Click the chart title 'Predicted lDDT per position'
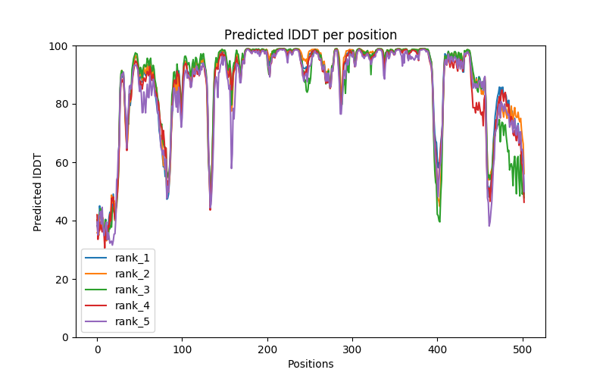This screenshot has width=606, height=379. [x=311, y=35]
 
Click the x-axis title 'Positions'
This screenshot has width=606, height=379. [x=311, y=364]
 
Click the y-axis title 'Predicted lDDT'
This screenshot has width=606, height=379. [x=38, y=192]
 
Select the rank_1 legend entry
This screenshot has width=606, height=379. [x=133, y=258]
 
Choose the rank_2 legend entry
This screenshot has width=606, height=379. [x=133, y=273]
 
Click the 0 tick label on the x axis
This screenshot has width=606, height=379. [x=97, y=349]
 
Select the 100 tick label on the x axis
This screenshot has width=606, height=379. [x=182, y=349]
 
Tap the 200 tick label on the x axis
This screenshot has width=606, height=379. [x=267, y=349]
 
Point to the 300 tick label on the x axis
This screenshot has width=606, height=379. [x=352, y=349]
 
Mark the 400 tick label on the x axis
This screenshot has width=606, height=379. [x=438, y=349]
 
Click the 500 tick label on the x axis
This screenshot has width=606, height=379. [x=523, y=349]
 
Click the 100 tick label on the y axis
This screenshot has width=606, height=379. [x=59, y=46]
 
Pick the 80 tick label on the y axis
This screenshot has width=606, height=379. [x=62, y=105]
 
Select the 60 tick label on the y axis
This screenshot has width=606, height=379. [x=62, y=163]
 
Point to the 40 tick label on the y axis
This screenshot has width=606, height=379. [x=62, y=221]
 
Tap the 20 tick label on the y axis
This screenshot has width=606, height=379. [x=62, y=280]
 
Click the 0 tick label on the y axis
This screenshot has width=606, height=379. [x=65, y=337]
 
